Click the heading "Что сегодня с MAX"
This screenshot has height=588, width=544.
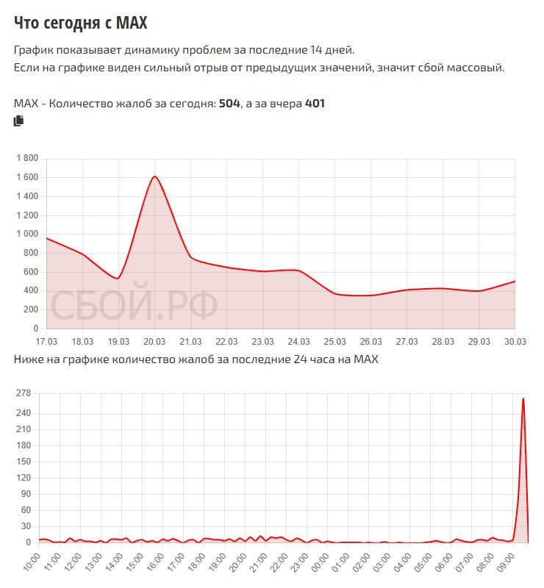click(81, 24)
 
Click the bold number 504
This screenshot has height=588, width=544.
click(229, 104)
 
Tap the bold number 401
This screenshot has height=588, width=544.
click(315, 104)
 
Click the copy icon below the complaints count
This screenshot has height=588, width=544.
click(19, 121)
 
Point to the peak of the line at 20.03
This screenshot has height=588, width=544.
click(155, 176)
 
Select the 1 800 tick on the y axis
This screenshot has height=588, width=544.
click(26, 158)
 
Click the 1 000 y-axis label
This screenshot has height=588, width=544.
click(26, 234)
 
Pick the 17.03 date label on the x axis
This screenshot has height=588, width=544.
click(46, 341)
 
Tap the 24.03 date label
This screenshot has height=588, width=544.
click(298, 341)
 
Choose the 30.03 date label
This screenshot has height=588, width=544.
click(515, 341)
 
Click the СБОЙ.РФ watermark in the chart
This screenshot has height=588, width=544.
click(134, 305)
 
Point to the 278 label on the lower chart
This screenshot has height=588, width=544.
click(23, 393)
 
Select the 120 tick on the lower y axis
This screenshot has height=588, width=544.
click(23, 478)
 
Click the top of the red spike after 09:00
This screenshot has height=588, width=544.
click(523, 398)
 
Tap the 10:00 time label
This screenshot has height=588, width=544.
click(33, 566)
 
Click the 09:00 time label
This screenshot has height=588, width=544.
click(507, 566)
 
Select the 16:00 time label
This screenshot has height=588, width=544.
click(157, 566)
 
